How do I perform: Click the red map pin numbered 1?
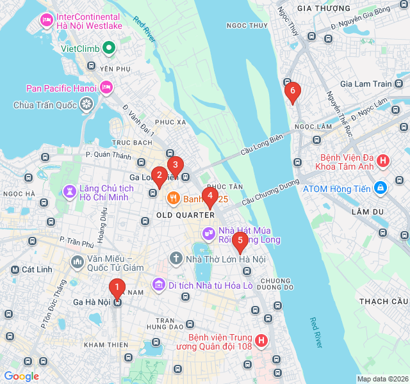(x=117, y=288)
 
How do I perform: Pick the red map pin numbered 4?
(x=209, y=196)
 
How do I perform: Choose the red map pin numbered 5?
(x=240, y=241)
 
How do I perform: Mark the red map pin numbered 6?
(x=293, y=92)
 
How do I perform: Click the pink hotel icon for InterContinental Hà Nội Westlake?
(x=46, y=21)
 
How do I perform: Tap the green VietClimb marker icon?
(x=109, y=48)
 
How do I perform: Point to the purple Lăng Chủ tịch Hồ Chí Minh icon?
(x=70, y=191)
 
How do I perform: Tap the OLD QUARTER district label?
(x=185, y=215)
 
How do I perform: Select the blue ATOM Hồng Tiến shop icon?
(x=381, y=188)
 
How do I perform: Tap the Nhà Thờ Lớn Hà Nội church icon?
(x=176, y=259)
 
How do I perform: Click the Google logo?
(x=22, y=376)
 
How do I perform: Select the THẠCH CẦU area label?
(x=384, y=301)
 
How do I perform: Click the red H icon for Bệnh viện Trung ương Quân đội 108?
(x=261, y=340)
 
